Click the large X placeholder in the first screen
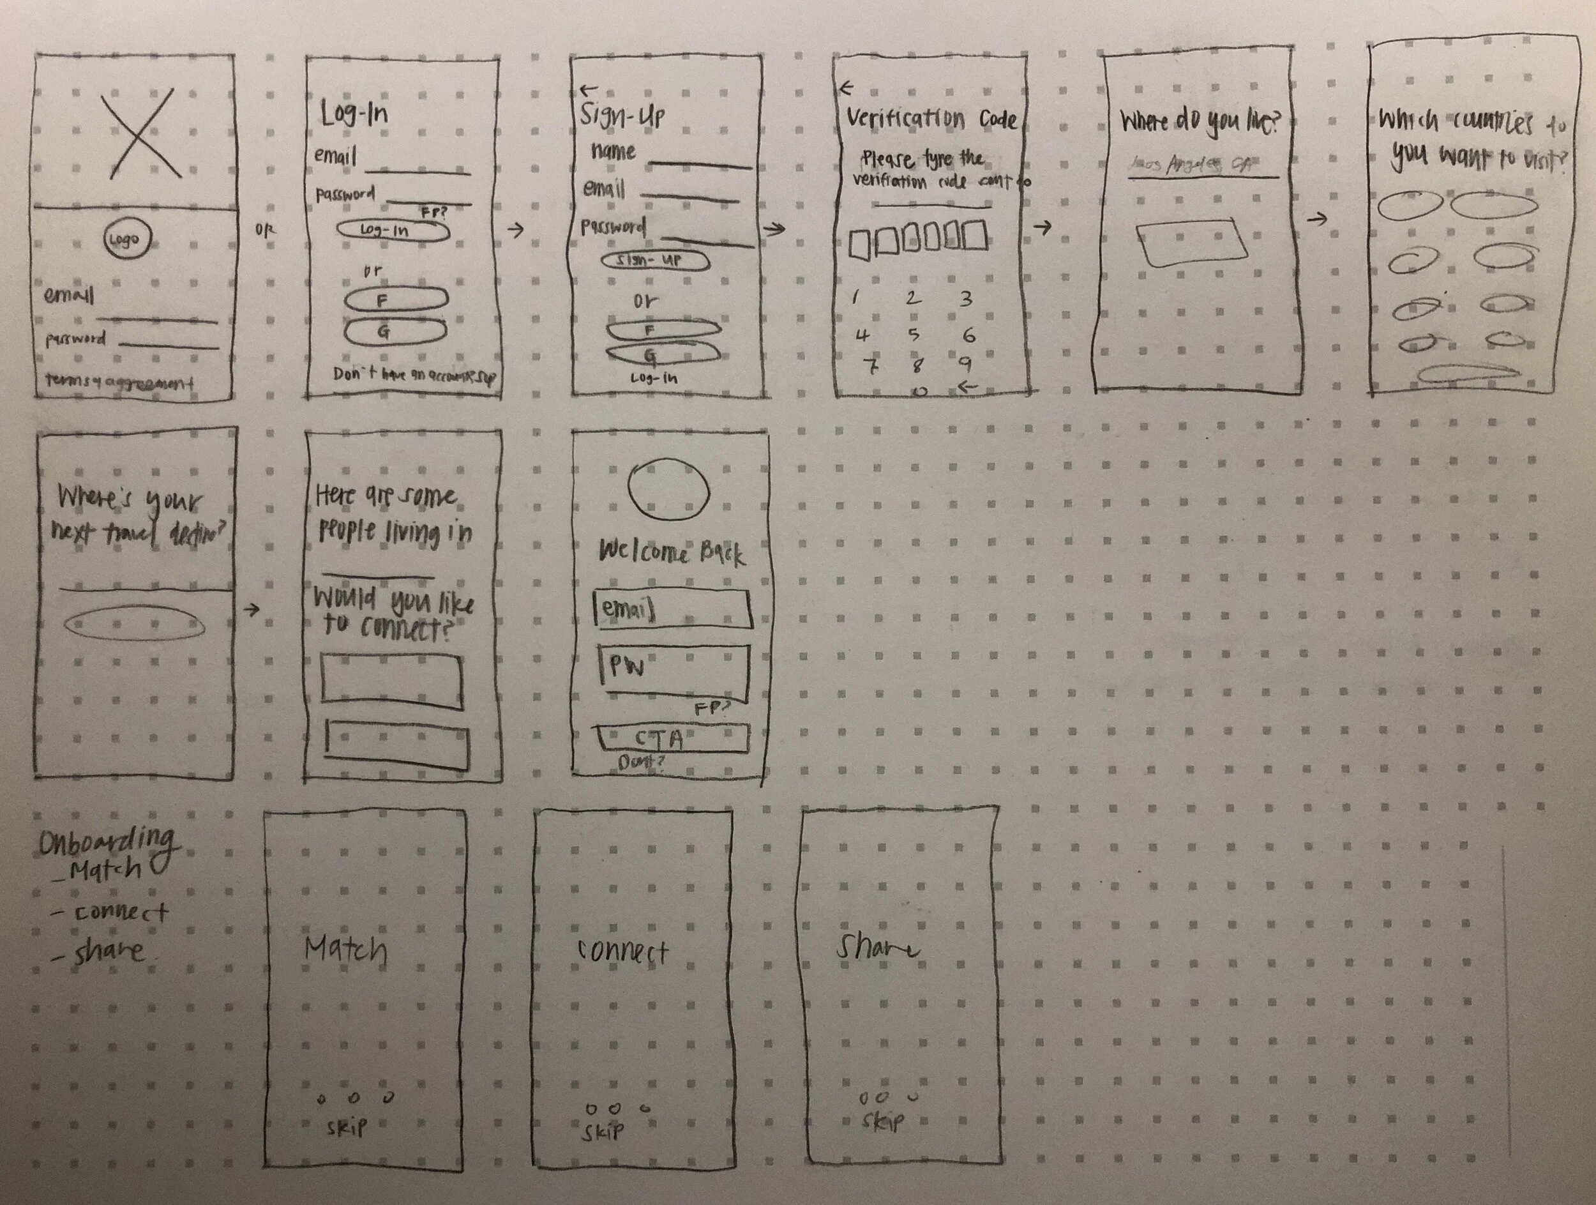click(x=140, y=133)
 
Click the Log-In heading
click(x=354, y=114)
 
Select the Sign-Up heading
click(x=622, y=116)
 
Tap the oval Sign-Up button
click(x=654, y=261)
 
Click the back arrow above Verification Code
click(x=847, y=88)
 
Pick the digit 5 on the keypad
click(x=914, y=334)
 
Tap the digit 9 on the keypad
click(x=965, y=363)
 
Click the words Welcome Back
click(x=671, y=553)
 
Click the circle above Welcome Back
click(x=669, y=490)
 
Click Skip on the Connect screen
click(x=603, y=1132)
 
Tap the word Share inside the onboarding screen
click(x=877, y=948)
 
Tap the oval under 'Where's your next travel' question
click(x=134, y=623)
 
